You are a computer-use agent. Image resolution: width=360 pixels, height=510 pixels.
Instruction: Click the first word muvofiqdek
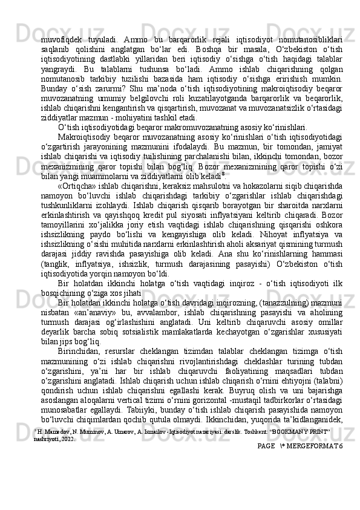(56, 28)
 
